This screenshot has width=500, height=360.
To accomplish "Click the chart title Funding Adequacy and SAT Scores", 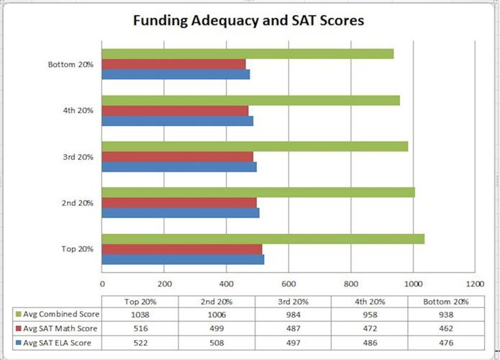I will tap(248, 20).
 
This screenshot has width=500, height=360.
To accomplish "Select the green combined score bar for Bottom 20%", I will tap(247, 54).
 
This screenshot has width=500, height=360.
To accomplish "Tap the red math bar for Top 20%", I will tap(182, 249).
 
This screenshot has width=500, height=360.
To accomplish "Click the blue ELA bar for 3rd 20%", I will tap(179, 167).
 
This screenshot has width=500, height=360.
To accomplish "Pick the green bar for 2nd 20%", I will tap(258, 192).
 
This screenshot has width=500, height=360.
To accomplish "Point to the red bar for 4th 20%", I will tap(175, 110).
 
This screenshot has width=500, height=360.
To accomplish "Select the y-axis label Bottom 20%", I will tap(71, 65).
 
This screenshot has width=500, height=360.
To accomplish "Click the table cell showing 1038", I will tap(140, 315).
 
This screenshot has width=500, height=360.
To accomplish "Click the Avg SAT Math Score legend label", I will tap(60, 328).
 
